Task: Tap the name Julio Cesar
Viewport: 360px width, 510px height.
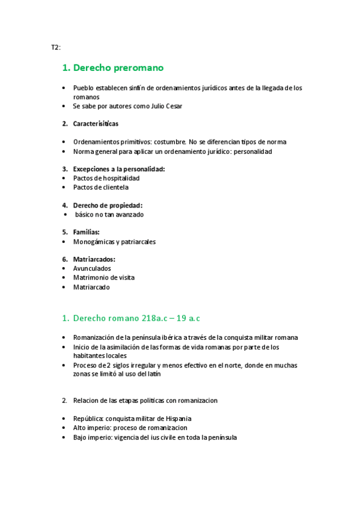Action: pos(166,106)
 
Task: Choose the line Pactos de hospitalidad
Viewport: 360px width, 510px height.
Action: pos(106,178)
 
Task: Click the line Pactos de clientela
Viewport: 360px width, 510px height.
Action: pos(101,187)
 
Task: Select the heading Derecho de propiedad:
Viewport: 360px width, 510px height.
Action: pos(108,205)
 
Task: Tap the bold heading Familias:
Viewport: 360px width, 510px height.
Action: pos(87,232)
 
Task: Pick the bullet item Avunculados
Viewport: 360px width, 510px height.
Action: pos(92,268)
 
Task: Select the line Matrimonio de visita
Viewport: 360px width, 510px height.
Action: pos(104,277)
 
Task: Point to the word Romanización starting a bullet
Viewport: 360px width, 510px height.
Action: pos(95,337)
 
